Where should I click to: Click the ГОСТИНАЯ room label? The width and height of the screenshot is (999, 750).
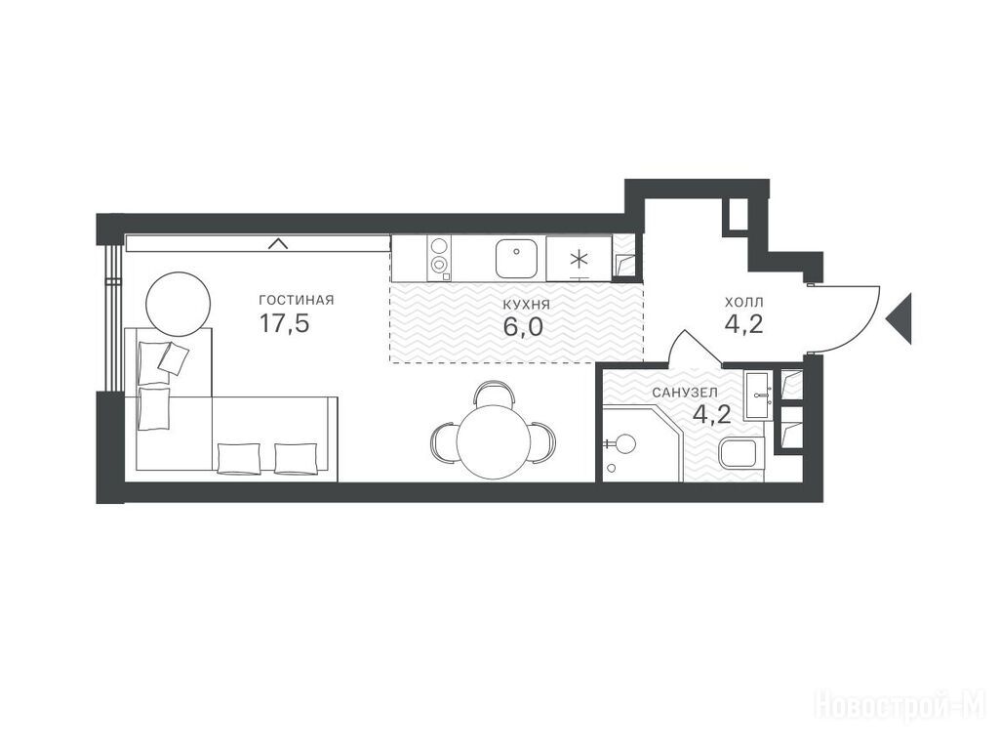click(x=297, y=300)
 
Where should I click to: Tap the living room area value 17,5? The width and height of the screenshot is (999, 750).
click(x=284, y=323)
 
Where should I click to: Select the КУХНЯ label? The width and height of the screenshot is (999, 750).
click(x=526, y=305)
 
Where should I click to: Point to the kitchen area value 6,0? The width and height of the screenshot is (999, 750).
click(x=523, y=327)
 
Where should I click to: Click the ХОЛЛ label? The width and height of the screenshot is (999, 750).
click(x=744, y=303)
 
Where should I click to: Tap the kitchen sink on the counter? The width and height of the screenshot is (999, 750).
click(x=516, y=258)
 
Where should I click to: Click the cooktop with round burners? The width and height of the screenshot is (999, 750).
click(x=439, y=258)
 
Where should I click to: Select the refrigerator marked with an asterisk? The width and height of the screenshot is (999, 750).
click(x=579, y=259)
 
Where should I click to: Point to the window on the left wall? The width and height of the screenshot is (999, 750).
click(x=113, y=317)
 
